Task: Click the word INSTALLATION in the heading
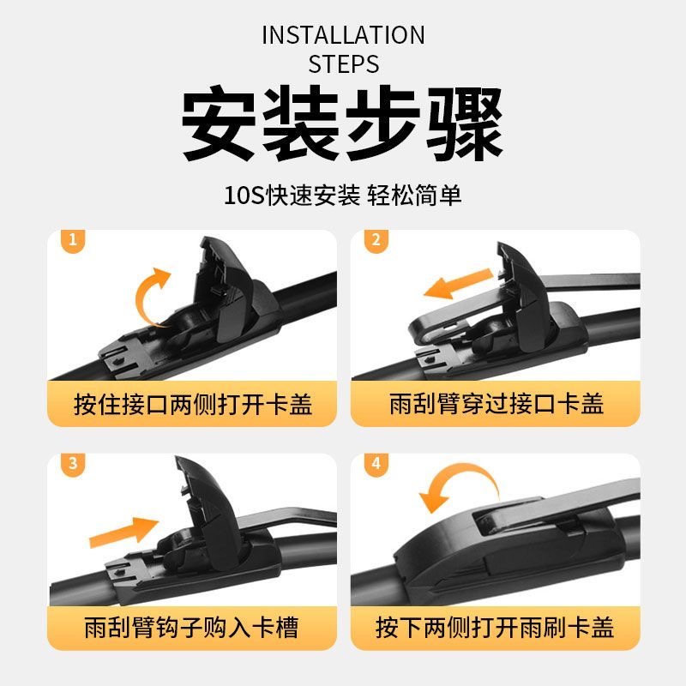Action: tap(344, 35)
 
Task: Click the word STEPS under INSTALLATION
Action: tap(344, 63)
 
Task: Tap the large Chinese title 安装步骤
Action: tap(342, 123)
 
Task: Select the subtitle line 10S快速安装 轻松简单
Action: tap(342, 196)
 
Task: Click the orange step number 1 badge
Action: tap(73, 240)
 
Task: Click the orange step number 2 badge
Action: tap(376, 240)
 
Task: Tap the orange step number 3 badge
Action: tap(73, 464)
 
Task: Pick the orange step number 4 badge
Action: tap(376, 464)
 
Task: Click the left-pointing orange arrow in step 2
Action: tap(459, 284)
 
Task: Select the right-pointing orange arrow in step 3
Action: tap(123, 532)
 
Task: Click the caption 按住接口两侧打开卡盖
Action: tap(193, 404)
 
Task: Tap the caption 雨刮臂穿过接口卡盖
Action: tap(496, 404)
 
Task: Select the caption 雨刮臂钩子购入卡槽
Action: tap(191, 628)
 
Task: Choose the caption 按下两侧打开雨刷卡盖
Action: tap(495, 628)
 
